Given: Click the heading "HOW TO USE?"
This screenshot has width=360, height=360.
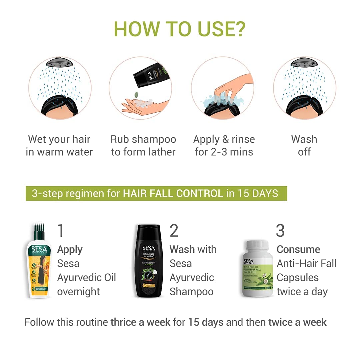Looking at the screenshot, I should pyautogui.click(x=180, y=29).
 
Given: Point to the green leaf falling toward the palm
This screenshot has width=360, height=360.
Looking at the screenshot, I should pyautogui.click(x=136, y=95).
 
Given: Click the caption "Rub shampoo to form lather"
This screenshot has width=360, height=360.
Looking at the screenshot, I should pyautogui.click(x=143, y=145).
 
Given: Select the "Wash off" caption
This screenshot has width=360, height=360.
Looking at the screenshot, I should pyautogui.click(x=304, y=145).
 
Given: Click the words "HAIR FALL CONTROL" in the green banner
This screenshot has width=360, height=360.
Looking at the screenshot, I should pyautogui.click(x=173, y=193).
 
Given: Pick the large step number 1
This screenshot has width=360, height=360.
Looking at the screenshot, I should pyautogui.click(x=61, y=231).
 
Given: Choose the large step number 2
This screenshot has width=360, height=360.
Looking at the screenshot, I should pyautogui.click(x=174, y=231).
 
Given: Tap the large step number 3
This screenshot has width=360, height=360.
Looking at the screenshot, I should pyautogui.click(x=280, y=231).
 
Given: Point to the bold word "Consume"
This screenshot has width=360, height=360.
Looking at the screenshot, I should pyautogui.click(x=298, y=249).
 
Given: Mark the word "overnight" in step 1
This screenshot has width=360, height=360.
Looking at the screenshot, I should pyautogui.click(x=78, y=292).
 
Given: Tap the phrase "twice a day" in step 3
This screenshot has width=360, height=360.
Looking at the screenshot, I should pyautogui.click(x=302, y=292).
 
